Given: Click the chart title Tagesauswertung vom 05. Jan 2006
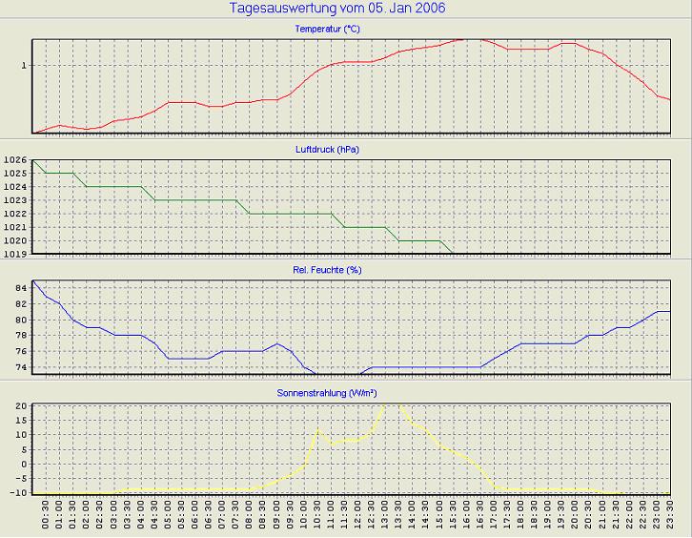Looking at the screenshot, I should click(x=338, y=9).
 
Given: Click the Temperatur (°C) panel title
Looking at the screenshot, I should click(x=327, y=30).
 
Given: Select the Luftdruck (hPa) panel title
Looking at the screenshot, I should click(x=327, y=150).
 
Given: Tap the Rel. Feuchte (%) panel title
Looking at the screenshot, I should click(x=328, y=270).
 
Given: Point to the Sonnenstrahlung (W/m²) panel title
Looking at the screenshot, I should click(x=328, y=392).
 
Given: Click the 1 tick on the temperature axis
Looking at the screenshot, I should click(x=25, y=66).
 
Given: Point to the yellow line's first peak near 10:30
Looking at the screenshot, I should click(x=317, y=431).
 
